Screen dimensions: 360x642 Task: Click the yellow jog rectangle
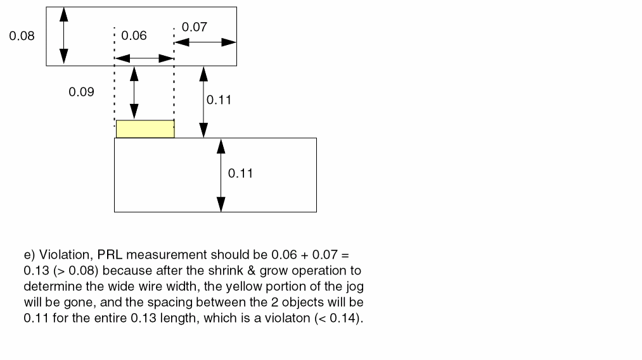[x=145, y=129]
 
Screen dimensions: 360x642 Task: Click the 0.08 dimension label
[x=22, y=36]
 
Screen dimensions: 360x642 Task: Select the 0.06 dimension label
[x=134, y=36]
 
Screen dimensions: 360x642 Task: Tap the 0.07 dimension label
[x=194, y=27]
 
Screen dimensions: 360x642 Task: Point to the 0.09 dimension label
[x=81, y=92]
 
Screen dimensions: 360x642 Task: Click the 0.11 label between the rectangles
[x=219, y=100]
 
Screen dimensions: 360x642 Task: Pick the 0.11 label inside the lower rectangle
[x=240, y=173]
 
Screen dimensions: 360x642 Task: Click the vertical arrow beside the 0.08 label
[x=63, y=36]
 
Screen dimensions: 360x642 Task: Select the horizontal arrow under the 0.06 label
[x=144, y=58]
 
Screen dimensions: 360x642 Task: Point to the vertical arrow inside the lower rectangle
[x=221, y=175]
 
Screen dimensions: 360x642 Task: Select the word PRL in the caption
[x=111, y=255]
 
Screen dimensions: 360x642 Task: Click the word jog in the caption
[x=355, y=286]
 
